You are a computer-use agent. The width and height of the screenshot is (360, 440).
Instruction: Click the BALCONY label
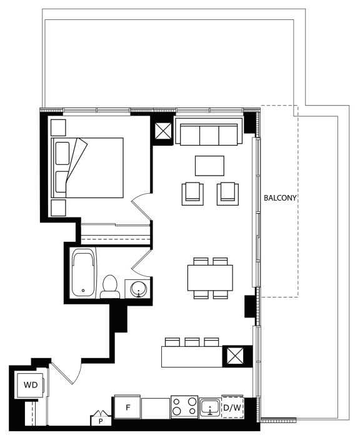pos(280,198)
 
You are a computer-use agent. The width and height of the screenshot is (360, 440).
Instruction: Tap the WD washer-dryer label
pos(31,385)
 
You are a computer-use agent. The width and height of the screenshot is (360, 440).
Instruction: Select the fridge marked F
pos(127,407)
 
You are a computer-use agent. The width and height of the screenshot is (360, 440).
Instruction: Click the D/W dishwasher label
pos(232,407)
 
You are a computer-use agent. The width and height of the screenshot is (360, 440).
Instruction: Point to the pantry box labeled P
pos(101,418)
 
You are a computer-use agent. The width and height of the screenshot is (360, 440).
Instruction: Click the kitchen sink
pos(210,407)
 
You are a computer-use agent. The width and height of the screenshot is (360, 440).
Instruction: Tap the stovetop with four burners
pos(184,407)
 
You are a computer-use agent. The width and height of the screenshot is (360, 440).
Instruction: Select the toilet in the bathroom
pos(110,286)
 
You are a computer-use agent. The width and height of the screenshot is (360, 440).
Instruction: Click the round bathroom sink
pos(139,288)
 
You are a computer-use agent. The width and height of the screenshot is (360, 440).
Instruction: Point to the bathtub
pos(83,272)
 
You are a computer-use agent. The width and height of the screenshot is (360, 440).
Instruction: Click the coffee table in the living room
pos(209,166)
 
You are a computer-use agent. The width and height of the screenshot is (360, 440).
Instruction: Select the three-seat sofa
pos(209,131)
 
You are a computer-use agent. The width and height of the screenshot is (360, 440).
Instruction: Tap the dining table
pos(210,277)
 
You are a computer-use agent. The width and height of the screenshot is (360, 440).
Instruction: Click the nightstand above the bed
pos(58,127)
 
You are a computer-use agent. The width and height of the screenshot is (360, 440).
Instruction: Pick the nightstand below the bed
pos(58,208)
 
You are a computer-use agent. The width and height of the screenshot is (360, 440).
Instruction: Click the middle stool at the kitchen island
pos(192,342)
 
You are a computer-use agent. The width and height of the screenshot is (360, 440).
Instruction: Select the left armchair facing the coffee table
pos(192,194)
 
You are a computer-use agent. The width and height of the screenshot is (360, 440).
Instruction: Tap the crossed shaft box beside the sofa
pos(163,131)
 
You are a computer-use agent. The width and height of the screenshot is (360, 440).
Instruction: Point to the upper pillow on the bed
pos(62,153)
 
